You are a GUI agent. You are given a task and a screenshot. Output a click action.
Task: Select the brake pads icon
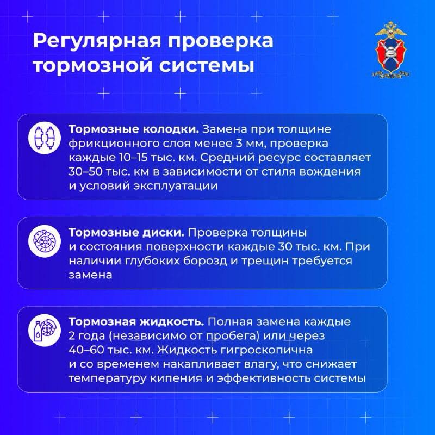pos(43,138)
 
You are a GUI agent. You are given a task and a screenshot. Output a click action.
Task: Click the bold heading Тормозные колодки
pos(133,130)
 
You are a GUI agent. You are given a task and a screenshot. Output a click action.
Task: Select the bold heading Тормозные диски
pos(126,232)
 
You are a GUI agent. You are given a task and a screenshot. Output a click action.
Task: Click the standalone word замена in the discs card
pos(90,275)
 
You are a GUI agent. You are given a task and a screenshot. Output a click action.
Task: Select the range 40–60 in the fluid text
pos(89,350)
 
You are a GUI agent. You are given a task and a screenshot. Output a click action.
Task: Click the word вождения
pos(330,172)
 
